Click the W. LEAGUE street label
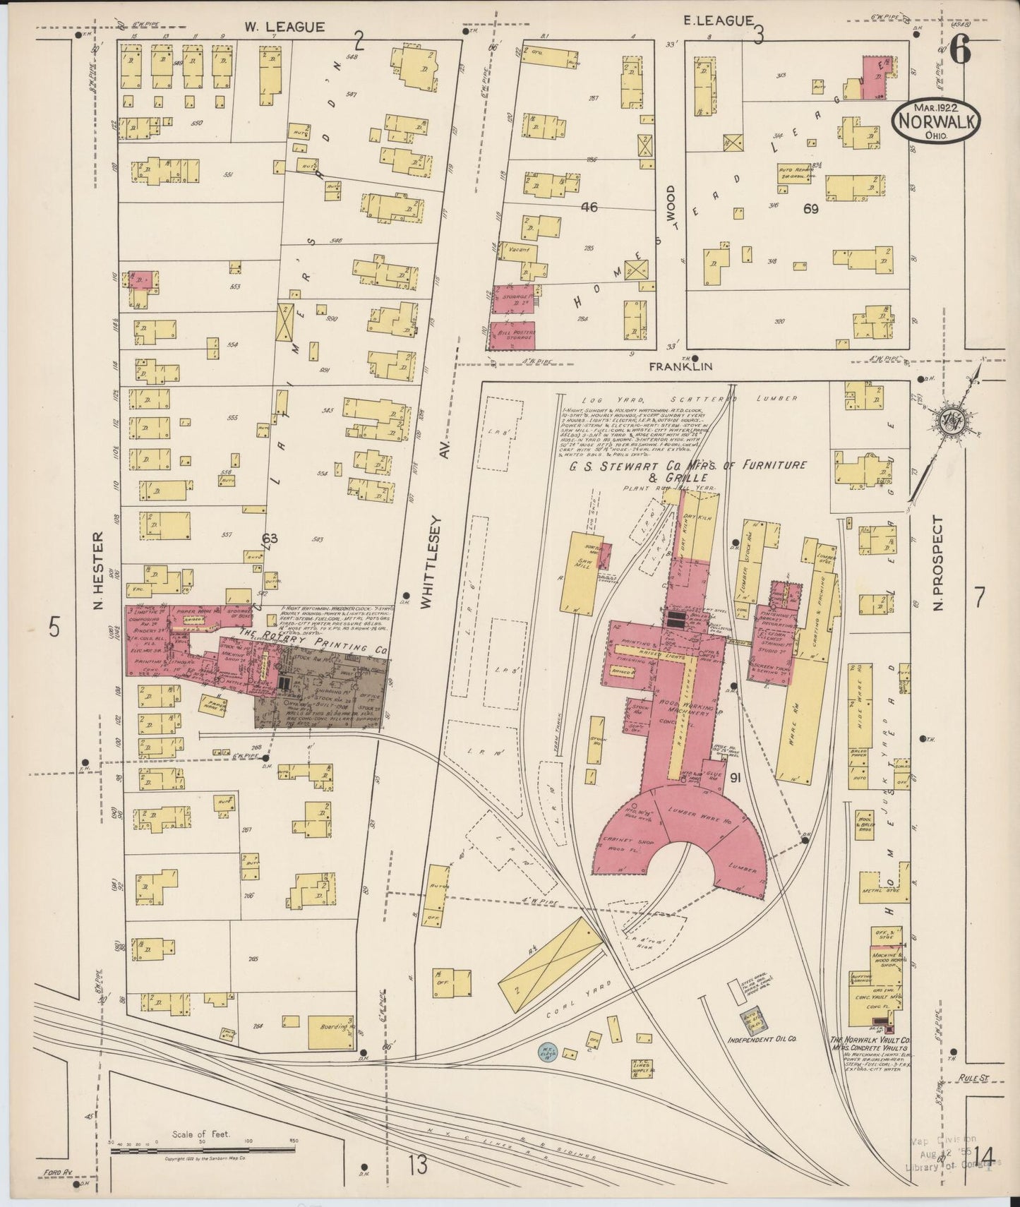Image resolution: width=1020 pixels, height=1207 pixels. pyautogui.click(x=284, y=27)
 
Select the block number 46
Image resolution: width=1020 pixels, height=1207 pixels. pyautogui.click(x=589, y=207)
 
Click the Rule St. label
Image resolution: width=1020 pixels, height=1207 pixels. pyautogui.click(x=975, y=1079)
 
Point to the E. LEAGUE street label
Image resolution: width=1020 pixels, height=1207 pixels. pyautogui.click(x=718, y=21)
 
